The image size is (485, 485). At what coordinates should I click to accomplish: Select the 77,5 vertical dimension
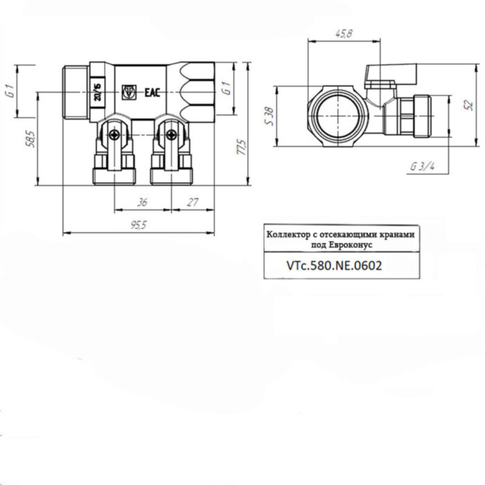[x=240, y=147]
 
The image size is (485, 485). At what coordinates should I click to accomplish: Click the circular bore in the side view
[x=335, y=112]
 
